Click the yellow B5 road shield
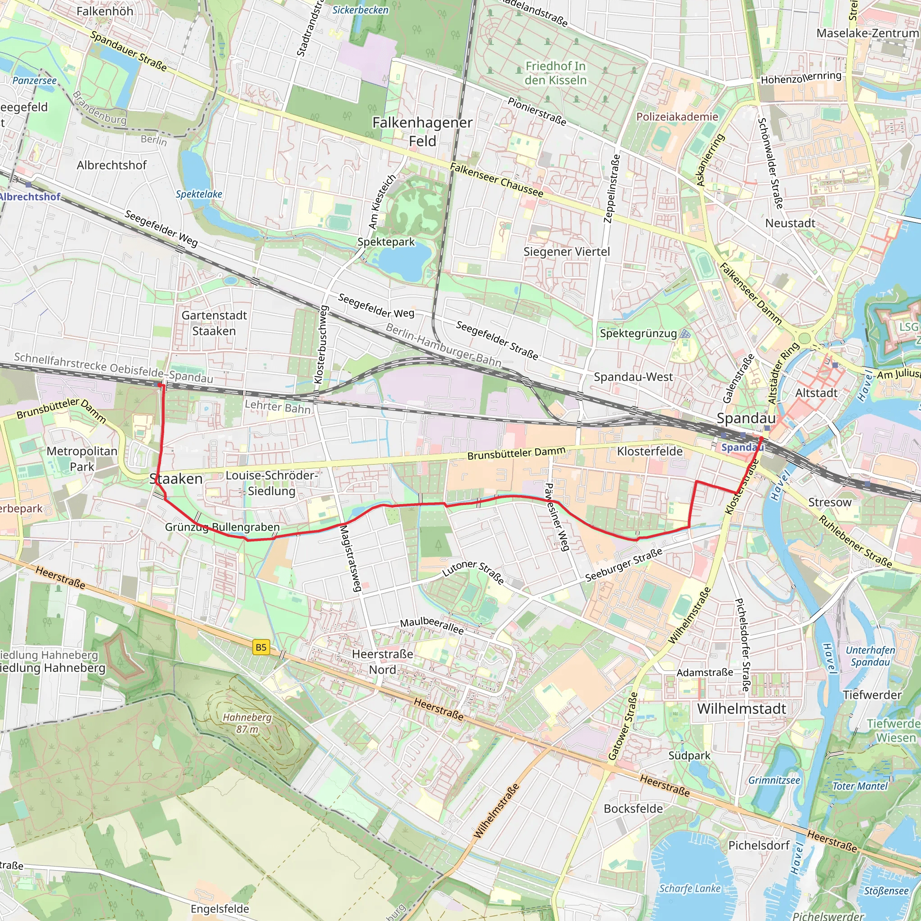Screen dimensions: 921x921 (261, 648)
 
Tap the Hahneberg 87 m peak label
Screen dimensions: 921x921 (247, 723)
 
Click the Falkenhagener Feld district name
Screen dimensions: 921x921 (422, 132)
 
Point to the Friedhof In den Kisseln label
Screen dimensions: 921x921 (555, 73)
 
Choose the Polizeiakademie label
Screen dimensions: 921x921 (677, 117)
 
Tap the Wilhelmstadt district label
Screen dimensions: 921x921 (742, 708)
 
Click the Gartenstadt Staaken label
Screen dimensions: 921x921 (214, 323)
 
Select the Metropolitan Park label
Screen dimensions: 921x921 (82, 459)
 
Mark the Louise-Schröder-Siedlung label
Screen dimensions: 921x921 (272, 483)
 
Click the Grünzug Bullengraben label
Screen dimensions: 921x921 (222, 527)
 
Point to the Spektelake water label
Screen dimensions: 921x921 (199, 194)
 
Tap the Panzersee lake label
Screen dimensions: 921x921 (34, 80)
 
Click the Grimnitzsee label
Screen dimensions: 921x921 (774, 780)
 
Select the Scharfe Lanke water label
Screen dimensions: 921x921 (690, 888)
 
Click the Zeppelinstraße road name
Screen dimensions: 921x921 (612, 188)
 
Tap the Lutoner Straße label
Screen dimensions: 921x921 (474, 572)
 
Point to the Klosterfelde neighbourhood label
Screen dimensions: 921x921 (650, 451)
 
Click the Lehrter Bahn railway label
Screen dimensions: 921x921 (277, 407)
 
